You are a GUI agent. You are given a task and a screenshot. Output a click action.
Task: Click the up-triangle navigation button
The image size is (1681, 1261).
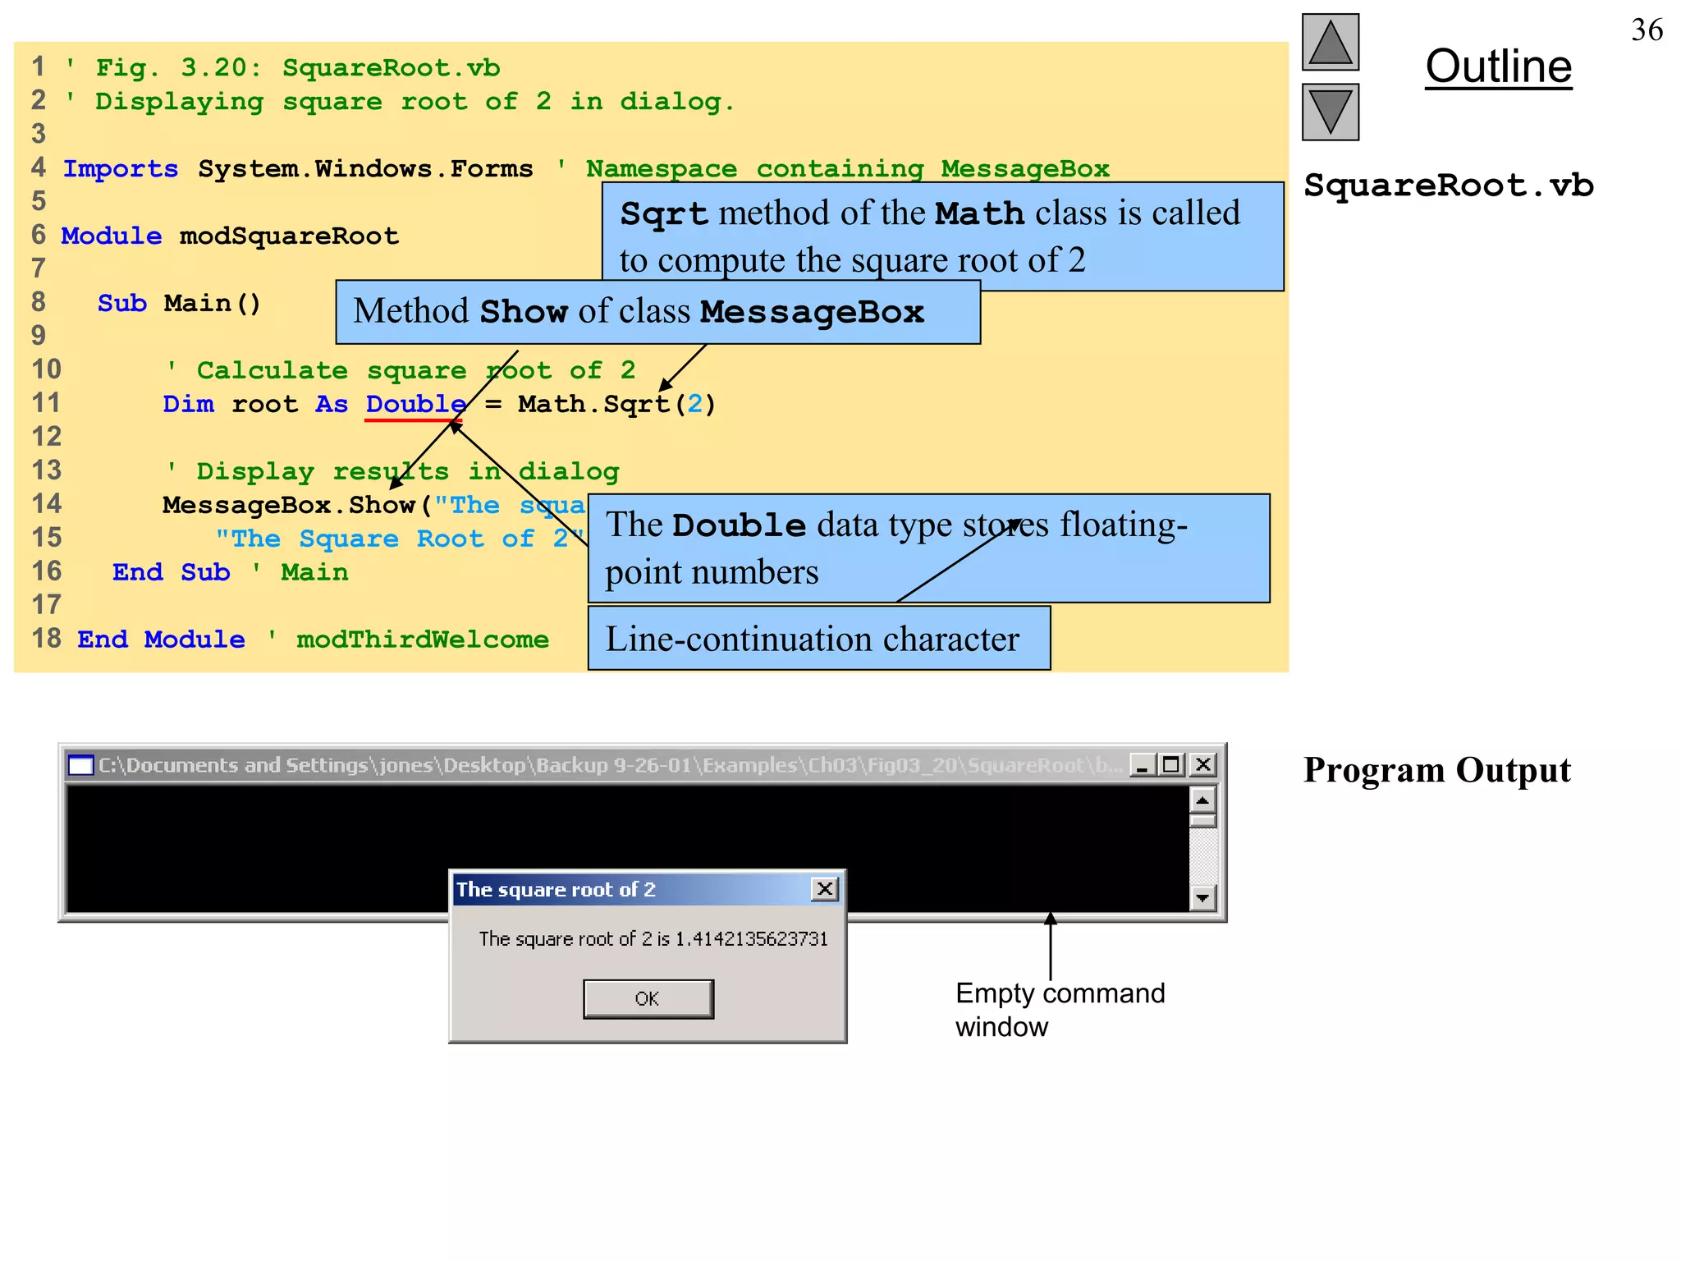[1330, 43]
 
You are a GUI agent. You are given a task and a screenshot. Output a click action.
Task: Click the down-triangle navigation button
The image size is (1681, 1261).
[1330, 112]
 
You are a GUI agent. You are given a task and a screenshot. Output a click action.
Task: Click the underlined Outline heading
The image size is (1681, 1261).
[1498, 66]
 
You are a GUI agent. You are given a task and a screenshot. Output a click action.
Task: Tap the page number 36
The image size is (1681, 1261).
[1647, 30]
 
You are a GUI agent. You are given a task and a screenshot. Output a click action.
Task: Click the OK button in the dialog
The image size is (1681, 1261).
[648, 998]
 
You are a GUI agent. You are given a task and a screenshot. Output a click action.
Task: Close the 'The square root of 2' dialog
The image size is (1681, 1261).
[825, 889]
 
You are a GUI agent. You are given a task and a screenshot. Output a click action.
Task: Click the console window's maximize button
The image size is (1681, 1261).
[1171, 765]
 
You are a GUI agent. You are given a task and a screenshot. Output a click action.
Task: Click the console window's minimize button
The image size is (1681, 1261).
[1142, 765]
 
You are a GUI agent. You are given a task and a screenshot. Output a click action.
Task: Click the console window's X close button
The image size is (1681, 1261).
[1203, 765]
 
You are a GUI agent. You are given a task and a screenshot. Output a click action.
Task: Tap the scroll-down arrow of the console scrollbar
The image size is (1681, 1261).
[1202, 897]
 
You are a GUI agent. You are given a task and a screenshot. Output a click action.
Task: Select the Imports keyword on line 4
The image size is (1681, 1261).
[121, 169]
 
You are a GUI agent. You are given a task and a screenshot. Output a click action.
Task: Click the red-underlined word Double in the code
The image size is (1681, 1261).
[415, 404]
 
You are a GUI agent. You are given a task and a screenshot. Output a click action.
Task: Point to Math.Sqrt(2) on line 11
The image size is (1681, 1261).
[616, 404]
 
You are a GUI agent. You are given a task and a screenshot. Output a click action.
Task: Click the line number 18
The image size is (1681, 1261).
[46, 639]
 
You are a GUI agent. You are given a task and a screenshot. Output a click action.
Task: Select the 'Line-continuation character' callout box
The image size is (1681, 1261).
[818, 639]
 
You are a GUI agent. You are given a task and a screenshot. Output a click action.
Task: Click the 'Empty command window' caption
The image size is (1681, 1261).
[1059, 1010]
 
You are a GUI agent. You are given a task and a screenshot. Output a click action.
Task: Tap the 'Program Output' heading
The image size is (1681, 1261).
[1436, 770]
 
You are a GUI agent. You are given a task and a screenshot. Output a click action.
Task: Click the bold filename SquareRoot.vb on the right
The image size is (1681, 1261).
[1449, 186]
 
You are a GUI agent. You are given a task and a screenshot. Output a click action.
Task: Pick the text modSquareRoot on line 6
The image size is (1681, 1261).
[289, 236]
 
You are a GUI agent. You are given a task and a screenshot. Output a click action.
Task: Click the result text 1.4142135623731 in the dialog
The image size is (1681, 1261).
[751, 939]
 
